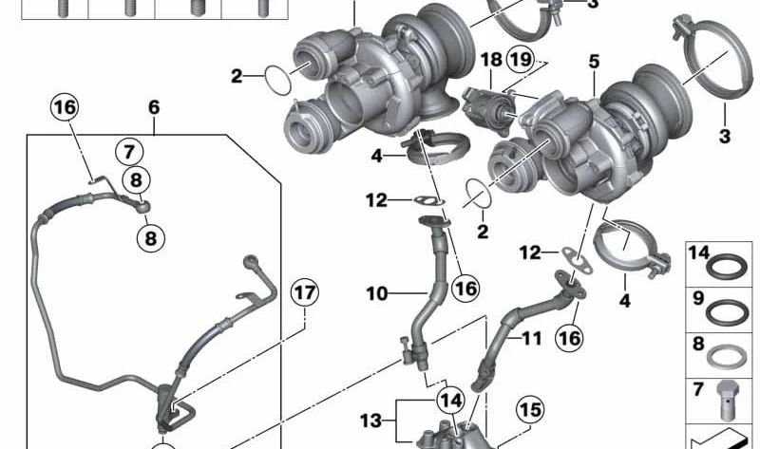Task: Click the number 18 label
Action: click(x=491, y=60)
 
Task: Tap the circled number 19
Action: click(x=521, y=60)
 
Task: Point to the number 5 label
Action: click(x=595, y=62)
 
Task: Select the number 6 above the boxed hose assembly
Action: click(x=154, y=107)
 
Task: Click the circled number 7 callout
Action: click(x=129, y=152)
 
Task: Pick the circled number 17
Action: click(x=305, y=293)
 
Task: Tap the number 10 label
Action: click(x=377, y=293)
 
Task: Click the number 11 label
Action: click(x=531, y=338)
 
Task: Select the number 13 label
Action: click(x=370, y=421)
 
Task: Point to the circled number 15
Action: click(x=530, y=410)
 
